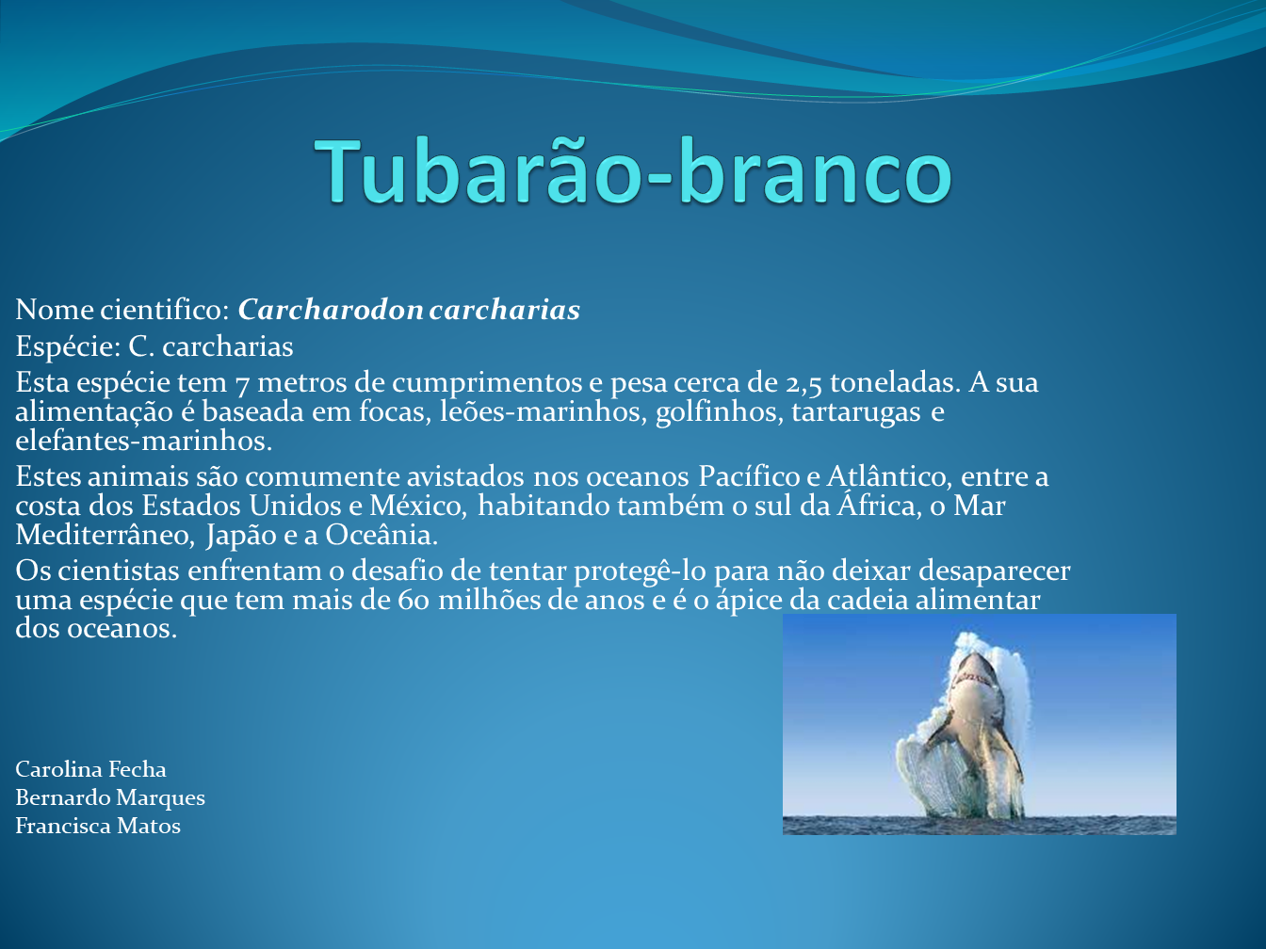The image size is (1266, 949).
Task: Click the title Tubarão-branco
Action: click(633, 171)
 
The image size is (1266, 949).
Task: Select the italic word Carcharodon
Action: click(331, 310)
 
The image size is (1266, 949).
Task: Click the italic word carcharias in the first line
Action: click(505, 310)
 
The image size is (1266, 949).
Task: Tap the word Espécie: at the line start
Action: click(68, 346)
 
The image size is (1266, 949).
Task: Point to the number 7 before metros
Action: click(242, 384)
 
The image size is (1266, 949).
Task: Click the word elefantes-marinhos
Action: click(143, 442)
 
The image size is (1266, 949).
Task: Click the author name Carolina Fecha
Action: click(90, 769)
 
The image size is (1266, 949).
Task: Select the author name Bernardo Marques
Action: click(110, 798)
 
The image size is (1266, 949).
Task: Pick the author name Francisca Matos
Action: click(98, 827)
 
